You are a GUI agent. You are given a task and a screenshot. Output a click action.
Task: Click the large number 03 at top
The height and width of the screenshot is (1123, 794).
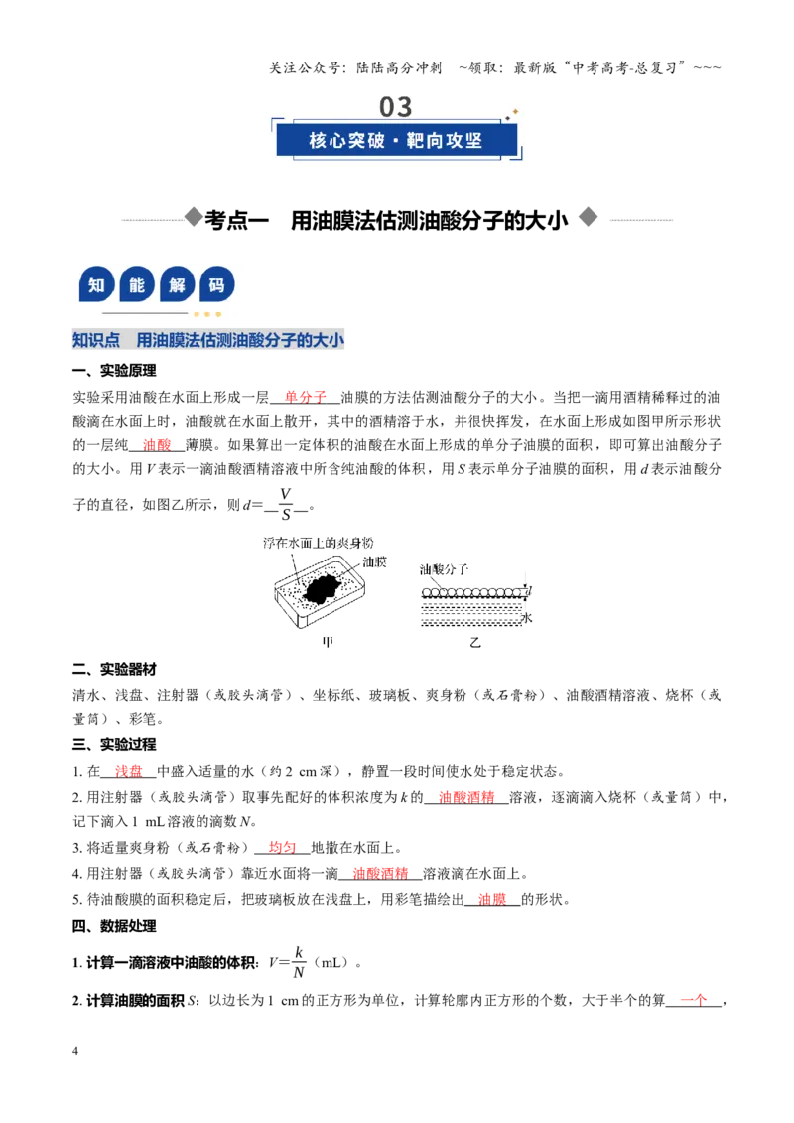point(396,107)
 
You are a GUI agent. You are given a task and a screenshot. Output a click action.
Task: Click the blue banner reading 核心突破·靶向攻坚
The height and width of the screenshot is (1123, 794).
point(396,141)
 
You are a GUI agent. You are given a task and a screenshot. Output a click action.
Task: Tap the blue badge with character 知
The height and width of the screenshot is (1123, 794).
point(96,285)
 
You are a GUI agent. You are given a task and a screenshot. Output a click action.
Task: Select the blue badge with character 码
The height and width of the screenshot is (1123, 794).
point(217,285)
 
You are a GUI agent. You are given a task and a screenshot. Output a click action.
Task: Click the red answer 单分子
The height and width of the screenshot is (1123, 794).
point(306,397)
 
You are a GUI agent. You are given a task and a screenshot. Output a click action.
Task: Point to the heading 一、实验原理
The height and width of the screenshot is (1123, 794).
point(114,371)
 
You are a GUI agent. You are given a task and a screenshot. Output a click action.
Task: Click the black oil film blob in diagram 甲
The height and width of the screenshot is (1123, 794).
point(323,588)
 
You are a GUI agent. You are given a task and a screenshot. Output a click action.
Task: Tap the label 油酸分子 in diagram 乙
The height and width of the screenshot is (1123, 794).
point(444,569)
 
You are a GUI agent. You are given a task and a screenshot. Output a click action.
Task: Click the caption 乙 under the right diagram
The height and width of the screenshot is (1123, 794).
point(475,643)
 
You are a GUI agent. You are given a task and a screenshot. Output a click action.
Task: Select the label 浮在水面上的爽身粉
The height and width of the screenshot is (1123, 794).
point(318,543)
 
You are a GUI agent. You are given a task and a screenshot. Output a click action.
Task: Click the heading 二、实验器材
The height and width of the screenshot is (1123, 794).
point(114,669)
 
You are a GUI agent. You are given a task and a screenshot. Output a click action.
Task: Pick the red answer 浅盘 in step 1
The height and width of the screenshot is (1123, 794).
point(129,772)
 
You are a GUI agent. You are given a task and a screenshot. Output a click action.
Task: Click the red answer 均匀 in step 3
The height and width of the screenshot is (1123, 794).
point(282,848)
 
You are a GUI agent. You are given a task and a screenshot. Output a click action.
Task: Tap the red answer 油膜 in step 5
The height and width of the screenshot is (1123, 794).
point(492,900)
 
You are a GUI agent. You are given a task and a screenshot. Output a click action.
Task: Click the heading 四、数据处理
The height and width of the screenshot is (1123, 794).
point(114,926)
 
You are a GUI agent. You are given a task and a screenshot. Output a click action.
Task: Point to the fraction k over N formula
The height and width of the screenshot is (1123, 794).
point(298,962)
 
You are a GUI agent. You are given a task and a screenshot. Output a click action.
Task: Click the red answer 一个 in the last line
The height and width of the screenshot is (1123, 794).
point(693,1001)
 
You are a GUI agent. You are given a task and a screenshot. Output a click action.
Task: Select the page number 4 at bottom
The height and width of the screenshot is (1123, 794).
point(75,1051)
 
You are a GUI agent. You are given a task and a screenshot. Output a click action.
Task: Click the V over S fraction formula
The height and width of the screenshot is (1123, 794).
point(286,504)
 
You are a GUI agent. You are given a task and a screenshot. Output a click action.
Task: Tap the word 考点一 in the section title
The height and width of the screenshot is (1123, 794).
point(236,220)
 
